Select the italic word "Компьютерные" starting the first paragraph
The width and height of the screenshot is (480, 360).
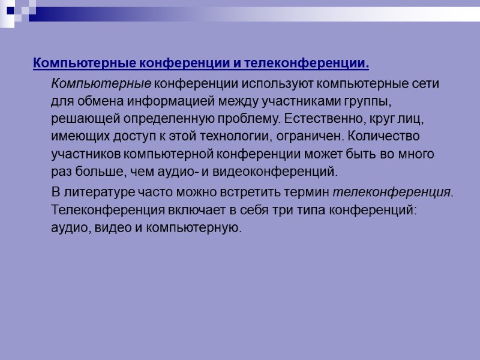click(x=101, y=83)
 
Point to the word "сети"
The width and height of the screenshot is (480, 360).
click(x=427, y=83)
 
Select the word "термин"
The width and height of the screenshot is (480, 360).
click(x=305, y=193)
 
